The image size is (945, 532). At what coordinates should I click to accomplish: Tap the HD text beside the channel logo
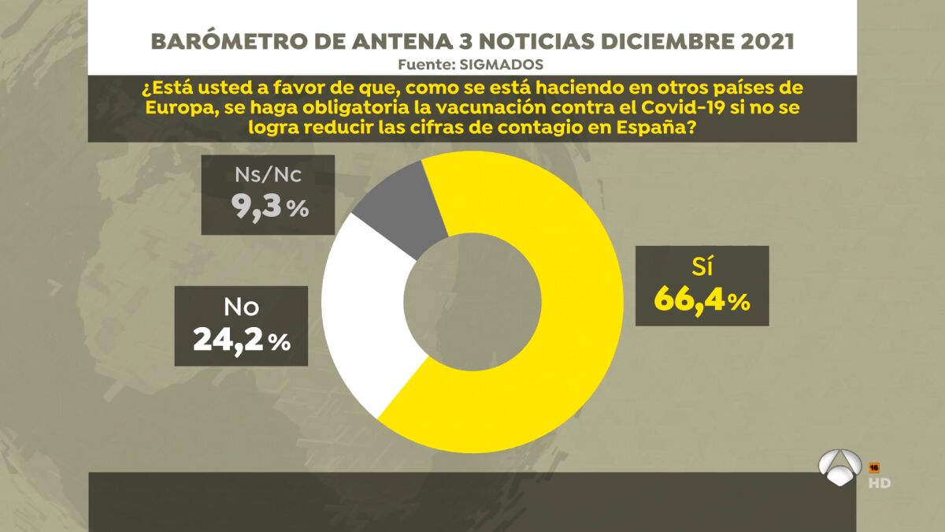[880, 482]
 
